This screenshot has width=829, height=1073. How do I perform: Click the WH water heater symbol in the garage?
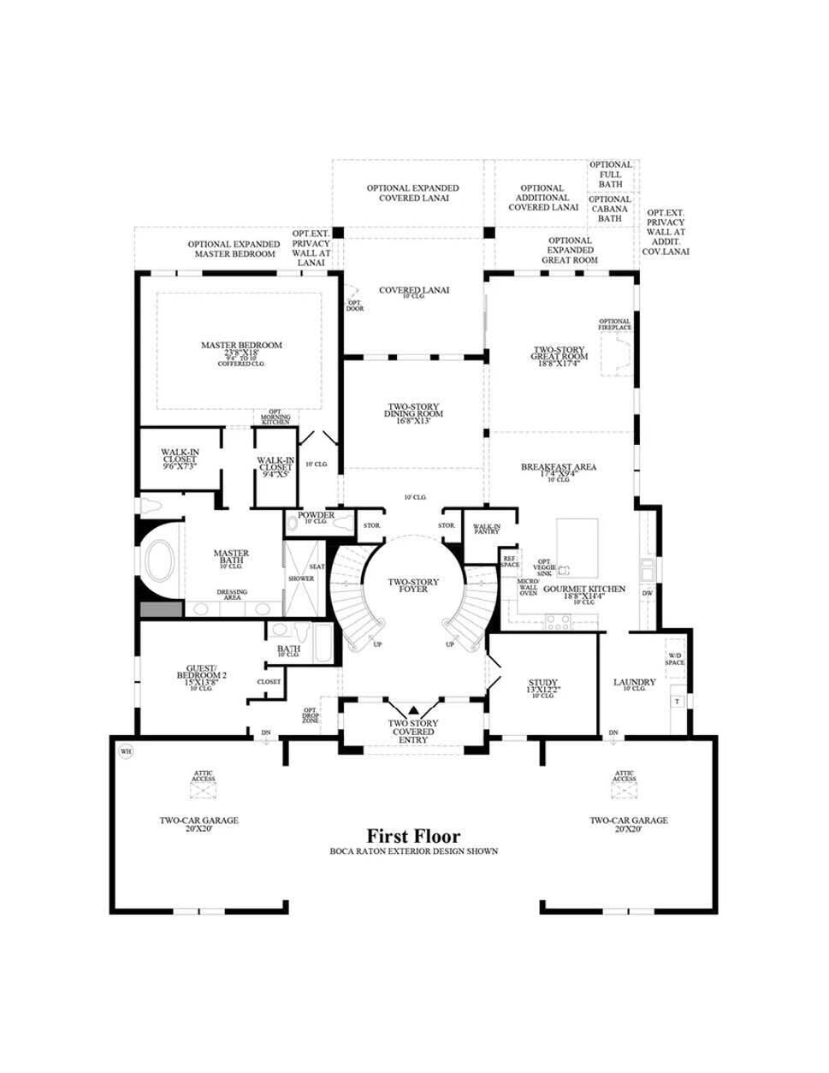(126, 751)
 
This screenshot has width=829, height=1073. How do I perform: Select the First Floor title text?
(413, 836)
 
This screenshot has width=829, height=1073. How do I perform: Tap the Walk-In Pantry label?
(486, 529)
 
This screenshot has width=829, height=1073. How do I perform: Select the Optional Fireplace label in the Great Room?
(614, 324)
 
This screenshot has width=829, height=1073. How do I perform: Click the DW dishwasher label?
(647, 592)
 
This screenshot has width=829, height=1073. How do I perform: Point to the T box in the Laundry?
(676, 701)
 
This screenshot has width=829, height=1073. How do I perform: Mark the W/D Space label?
(675, 659)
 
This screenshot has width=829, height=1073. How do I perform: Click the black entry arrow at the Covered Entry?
(413, 709)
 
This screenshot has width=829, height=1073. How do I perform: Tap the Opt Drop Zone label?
(310, 714)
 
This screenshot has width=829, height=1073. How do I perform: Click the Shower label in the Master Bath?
(300, 578)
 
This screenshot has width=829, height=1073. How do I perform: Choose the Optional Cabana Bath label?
(610, 209)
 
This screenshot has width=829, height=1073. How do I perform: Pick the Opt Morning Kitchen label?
(275, 417)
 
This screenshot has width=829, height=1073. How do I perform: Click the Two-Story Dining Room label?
(413, 415)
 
